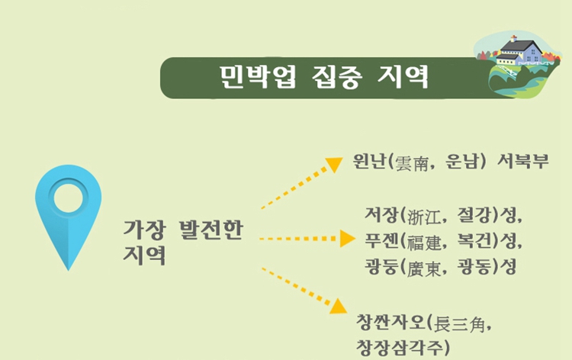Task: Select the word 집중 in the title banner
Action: (x=337, y=76)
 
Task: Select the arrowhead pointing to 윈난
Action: (x=333, y=165)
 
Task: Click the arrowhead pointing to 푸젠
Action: (x=345, y=239)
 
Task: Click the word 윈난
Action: (x=370, y=162)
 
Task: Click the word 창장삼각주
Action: (x=396, y=348)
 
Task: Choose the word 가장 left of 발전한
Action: (x=145, y=229)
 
